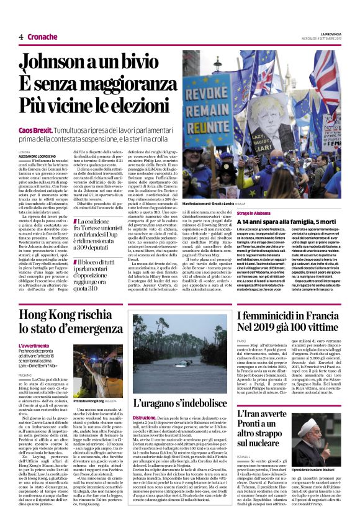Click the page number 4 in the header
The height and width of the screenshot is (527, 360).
point(21,37)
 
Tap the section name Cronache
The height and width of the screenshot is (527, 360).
point(42,37)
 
